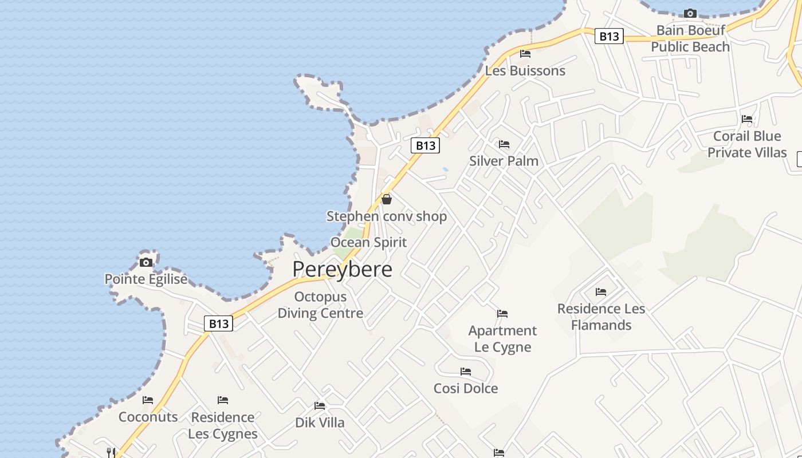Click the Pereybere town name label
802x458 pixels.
pos(342,269)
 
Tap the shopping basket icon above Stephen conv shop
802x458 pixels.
pos(387,199)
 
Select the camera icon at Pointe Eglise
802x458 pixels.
pos(146,262)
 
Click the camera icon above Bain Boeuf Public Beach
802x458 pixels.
pos(690,13)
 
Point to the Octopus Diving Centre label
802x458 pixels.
pos(320,305)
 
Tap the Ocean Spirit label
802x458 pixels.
pos(368,242)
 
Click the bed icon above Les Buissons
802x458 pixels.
pos(525,54)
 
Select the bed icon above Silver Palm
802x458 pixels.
pos(504,144)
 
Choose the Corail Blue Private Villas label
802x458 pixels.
pos(747,144)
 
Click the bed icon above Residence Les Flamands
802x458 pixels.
pos(601,292)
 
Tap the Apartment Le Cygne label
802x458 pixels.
pos(502,339)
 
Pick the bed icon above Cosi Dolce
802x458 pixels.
pos(466,372)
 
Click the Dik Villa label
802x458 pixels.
pos(320,423)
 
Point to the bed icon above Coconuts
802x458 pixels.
pos(148,400)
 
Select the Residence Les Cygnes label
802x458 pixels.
pos(223,425)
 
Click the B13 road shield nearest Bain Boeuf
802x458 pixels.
pos(608,37)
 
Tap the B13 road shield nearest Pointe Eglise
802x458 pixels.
pos(219,324)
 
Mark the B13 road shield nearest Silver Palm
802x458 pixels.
pos(425,146)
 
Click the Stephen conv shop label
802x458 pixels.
pos(387,216)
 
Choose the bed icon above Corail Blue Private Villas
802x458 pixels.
pos(747,119)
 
